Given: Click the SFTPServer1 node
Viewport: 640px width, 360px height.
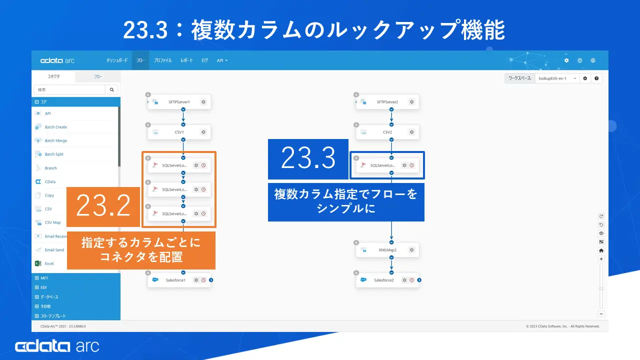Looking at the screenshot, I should (178, 102).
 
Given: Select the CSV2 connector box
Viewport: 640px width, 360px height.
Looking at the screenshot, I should (387, 132).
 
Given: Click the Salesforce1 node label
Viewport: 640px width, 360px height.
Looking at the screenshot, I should (175, 280).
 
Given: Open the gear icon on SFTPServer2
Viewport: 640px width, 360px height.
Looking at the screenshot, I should (411, 102).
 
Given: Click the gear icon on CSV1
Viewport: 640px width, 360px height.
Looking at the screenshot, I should (203, 132).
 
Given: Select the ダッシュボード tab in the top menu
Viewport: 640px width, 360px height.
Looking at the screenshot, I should (117, 60).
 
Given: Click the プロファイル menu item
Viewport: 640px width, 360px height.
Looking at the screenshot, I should (162, 60).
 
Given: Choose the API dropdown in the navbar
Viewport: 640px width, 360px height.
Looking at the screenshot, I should (222, 60).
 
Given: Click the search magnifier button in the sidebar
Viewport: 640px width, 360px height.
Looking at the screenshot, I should (111, 89).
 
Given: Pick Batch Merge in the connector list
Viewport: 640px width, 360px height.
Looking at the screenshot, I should (55, 140).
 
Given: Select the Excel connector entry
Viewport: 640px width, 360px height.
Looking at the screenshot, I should (49, 263).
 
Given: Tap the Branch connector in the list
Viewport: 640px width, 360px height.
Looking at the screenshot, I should (50, 168).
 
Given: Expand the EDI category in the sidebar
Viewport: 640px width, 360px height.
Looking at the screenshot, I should (43, 287).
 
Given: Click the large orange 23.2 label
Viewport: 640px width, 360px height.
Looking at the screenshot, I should (103, 206).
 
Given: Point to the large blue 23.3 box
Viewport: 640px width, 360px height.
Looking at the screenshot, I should (308, 158).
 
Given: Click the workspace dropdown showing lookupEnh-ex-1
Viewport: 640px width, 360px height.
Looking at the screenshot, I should (556, 78).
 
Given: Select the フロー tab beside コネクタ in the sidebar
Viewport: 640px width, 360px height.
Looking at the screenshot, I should (98, 76).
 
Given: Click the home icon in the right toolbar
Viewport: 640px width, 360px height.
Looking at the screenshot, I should (601, 250).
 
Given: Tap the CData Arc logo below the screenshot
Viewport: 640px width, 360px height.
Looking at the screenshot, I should (57, 346).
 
